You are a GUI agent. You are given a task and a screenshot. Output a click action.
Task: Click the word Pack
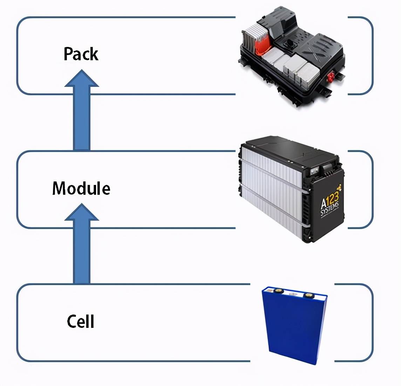tap(81, 54)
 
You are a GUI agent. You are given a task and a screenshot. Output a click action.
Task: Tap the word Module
tap(81, 188)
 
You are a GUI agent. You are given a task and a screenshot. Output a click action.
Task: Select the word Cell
tap(81, 321)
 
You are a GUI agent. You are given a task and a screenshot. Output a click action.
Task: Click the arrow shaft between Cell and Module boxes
tap(82, 252)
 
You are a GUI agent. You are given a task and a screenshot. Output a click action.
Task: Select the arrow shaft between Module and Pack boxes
tap(82, 118)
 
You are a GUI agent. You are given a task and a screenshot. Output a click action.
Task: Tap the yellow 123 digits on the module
tap(333, 198)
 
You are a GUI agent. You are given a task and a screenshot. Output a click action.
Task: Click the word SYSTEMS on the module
tap(329, 209)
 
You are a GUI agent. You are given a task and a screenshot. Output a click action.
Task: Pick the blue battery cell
tap(294, 325)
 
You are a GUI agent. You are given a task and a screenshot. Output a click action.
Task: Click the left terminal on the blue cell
tap(278, 291)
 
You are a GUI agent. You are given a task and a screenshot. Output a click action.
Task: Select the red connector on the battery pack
tap(331, 76)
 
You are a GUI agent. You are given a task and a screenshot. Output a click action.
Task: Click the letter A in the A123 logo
tap(324, 204)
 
